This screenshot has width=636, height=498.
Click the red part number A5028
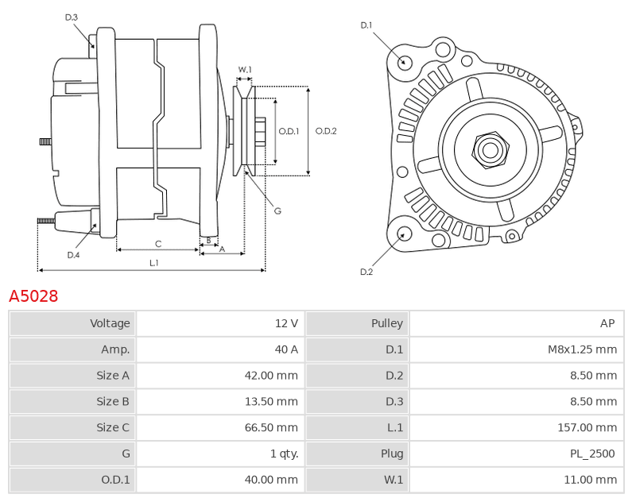tap(33, 296)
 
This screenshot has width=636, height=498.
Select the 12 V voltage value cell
tap(221, 323)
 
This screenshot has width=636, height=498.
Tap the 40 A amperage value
tap(286, 349)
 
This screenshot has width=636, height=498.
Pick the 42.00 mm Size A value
tap(271, 375)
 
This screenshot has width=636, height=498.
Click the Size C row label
tap(113, 427)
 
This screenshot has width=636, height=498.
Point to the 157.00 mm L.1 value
tap(588, 427)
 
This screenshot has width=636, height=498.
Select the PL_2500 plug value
tap(592, 454)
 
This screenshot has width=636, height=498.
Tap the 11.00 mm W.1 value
tap(591, 480)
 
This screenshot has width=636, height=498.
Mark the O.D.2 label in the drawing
tap(326, 131)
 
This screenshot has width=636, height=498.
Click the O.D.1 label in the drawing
tap(289, 131)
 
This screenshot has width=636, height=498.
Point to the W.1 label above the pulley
tap(245, 69)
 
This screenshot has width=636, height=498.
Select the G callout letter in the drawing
tap(277, 210)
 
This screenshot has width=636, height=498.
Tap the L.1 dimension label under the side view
tap(154, 263)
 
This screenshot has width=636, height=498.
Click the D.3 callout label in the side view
tap(72, 17)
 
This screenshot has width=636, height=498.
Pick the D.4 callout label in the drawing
tap(73, 255)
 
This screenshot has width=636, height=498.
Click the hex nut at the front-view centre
tap(491, 150)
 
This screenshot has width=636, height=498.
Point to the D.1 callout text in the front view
tap(366, 25)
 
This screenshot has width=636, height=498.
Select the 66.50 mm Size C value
tap(271, 427)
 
